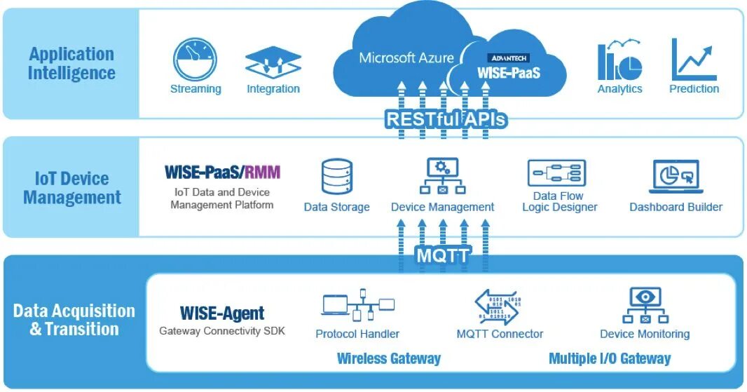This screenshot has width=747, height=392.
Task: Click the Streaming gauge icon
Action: pyautogui.click(x=195, y=60)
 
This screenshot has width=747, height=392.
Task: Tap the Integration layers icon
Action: pyautogui.click(x=273, y=62)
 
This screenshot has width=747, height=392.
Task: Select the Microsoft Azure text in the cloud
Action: pyautogui.click(x=406, y=58)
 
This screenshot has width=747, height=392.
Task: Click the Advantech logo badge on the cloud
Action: pyautogui.click(x=508, y=58)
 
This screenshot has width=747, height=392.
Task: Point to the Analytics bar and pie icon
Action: pyautogui.click(x=619, y=60)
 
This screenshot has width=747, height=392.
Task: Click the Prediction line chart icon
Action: pyautogui.click(x=694, y=60)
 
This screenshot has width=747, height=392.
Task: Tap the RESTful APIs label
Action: pyautogui.click(x=446, y=119)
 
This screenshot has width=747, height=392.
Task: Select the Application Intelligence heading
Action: pyautogui.click(x=71, y=63)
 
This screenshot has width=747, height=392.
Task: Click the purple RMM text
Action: pyautogui.click(x=263, y=172)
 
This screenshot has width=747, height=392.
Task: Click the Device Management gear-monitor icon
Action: pyautogui.click(x=443, y=176)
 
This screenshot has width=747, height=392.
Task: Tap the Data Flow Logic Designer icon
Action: pyautogui.click(x=556, y=173)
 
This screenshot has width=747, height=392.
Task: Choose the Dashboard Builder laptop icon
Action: pyautogui.click(x=676, y=177)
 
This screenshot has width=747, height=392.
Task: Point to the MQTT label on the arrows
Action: pyautogui.click(x=444, y=255)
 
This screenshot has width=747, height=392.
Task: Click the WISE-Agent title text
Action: pyautogui.click(x=222, y=313)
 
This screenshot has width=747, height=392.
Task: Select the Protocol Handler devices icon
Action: pyautogui.click(x=358, y=305)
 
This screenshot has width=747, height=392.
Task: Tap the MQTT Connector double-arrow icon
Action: pyautogui.click(x=498, y=307)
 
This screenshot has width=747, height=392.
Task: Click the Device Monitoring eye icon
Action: pyautogui.click(x=645, y=305)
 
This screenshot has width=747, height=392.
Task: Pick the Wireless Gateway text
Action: pyautogui.click(x=389, y=358)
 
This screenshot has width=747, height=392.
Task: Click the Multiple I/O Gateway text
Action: pyautogui.click(x=610, y=358)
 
